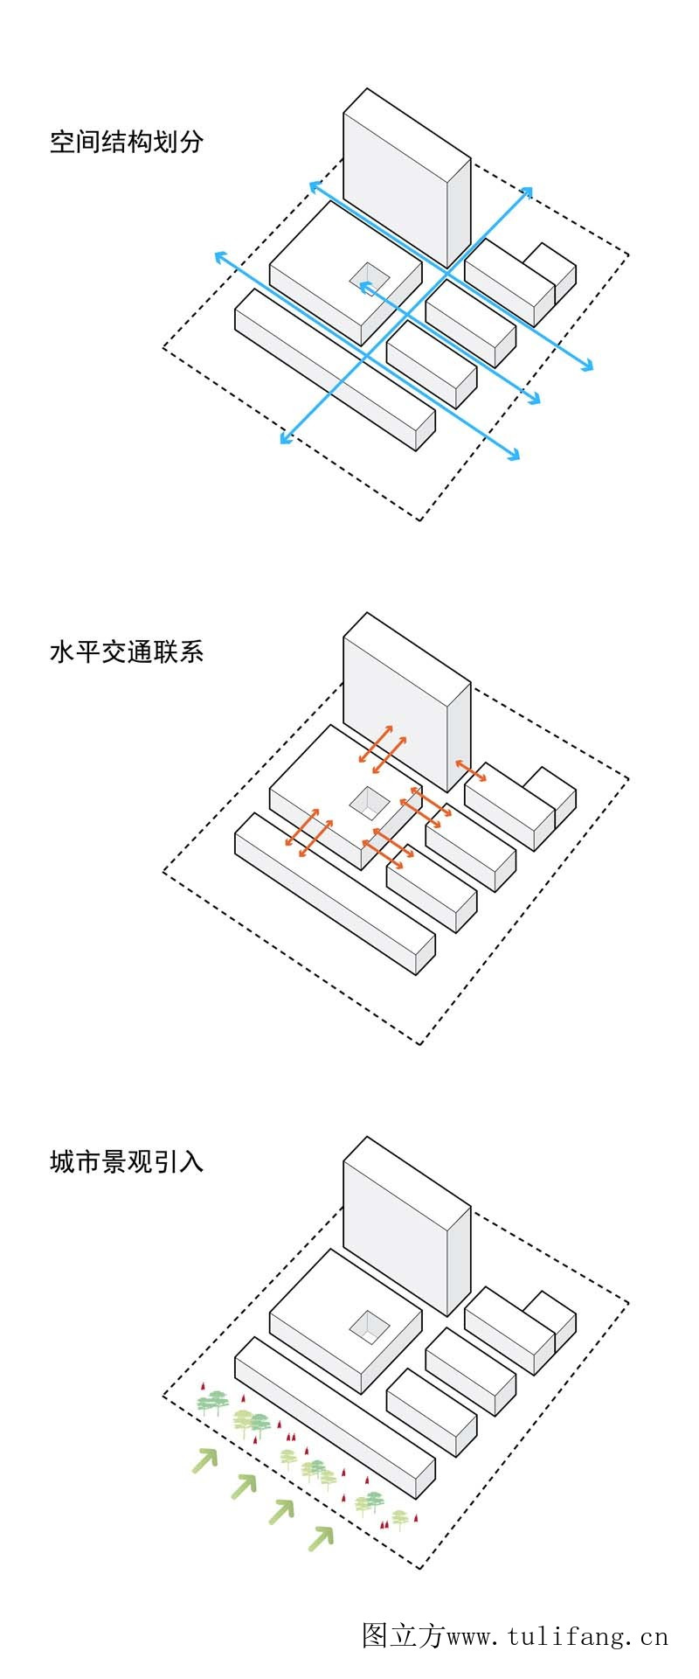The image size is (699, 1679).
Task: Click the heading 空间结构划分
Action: tap(126, 142)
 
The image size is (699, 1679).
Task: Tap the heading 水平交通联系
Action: tap(126, 651)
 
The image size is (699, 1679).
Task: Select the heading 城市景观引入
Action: tap(126, 1161)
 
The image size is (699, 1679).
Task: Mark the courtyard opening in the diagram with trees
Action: tap(370, 1325)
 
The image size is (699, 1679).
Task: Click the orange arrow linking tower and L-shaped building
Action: tap(471, 772)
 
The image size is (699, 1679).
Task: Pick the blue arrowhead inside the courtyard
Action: tap(364, 285)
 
